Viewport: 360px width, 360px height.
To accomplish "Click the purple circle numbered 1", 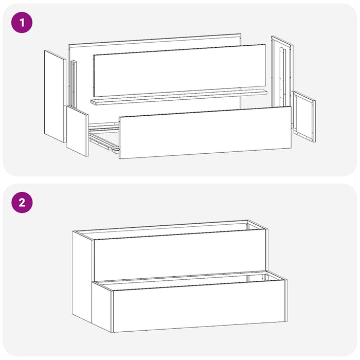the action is [22, 23].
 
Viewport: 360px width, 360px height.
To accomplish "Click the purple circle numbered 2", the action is [22, 203].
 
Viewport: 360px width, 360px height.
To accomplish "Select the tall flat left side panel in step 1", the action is [55, 97].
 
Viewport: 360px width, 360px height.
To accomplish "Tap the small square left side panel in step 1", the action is [78, 131].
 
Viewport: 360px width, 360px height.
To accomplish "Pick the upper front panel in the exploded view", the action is [179, 70].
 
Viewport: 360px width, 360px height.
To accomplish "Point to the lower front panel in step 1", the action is [205, 133].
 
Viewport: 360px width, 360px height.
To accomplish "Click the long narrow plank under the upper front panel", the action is [179, 98].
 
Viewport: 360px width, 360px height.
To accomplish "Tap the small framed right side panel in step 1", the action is [304, 117].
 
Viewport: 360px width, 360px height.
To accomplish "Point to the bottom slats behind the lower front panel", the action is [104, 138].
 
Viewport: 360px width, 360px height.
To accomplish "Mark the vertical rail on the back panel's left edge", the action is [74, 84].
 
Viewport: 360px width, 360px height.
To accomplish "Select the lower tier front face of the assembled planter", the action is [200, 306].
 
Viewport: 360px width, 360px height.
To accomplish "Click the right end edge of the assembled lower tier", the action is [286, 300].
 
